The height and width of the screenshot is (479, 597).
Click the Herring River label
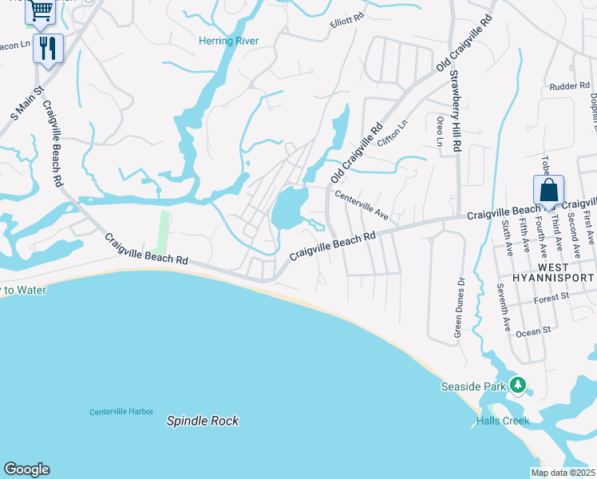tap(228, 41)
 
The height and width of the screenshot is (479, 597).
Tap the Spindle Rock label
tap(203, 421)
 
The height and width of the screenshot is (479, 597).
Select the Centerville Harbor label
tap(121, 412)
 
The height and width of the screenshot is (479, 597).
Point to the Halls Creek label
tap(503, 421)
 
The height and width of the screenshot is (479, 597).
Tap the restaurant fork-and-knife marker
tap(48, 48)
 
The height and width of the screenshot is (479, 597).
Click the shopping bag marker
tap(548, 191)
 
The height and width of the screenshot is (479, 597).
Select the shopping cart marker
tap(40, 10)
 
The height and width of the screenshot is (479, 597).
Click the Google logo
tap(26, 469)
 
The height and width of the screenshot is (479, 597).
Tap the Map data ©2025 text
tap(563, 473)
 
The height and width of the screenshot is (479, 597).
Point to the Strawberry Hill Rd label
tap(456, 112)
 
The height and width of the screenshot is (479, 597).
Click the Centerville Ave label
tap(361, 205)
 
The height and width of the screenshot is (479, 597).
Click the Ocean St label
tap(534, 331)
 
